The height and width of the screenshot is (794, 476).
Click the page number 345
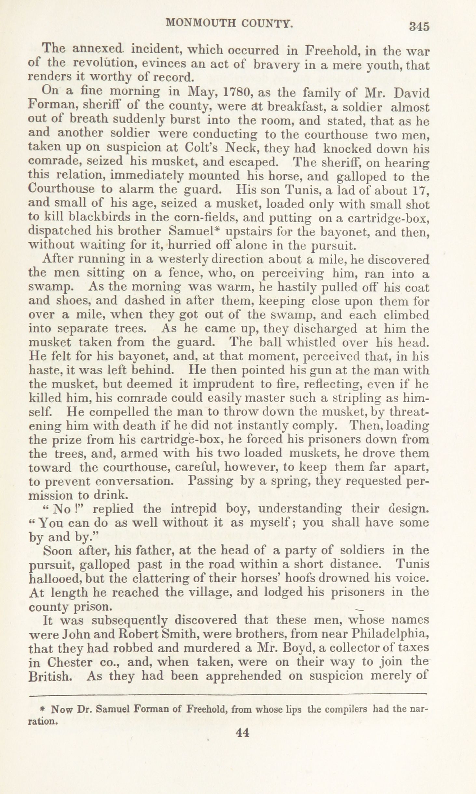[419, 26]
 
